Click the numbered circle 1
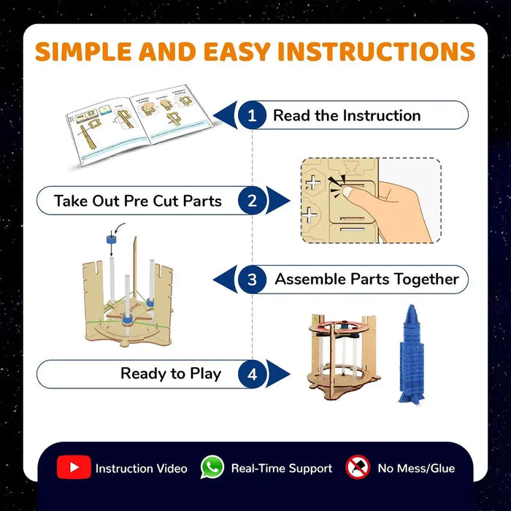[253, 115]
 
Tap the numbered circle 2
[253, 200]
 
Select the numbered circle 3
[253, 280]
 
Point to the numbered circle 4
[253, 374]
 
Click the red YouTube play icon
[74, 468]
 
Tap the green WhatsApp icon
[212, 468]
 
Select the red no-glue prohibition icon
[358, 467]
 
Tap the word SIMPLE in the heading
[83, 52]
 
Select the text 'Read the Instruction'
[347, 115]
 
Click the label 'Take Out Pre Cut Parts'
[137, 200]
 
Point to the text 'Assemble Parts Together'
[366, 280]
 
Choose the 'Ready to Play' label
[170, 374]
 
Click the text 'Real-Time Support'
[281, 469]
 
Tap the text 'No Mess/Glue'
[416, 469]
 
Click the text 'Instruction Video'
[141, 469]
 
